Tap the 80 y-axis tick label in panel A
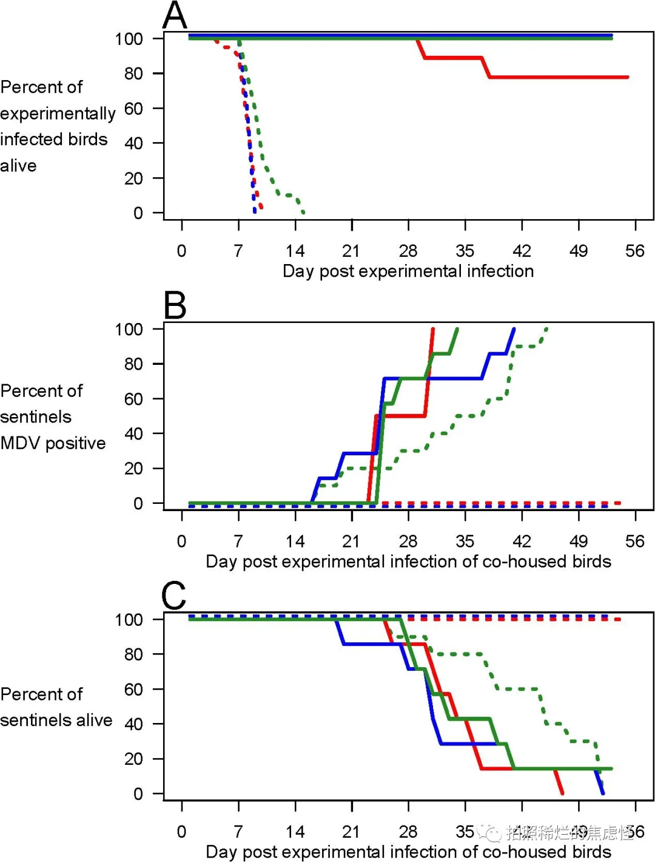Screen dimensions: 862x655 point(133,73)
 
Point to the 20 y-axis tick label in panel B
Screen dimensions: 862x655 point(133,469)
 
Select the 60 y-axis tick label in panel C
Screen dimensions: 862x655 point(133,690)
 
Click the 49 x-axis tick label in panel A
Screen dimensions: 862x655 point(578,251)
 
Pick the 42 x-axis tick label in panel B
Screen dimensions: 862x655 point(522,541)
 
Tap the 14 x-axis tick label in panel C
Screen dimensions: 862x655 point(295,831)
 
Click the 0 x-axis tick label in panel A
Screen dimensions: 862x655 point(181,251)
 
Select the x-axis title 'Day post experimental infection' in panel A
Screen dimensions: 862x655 point(408,271)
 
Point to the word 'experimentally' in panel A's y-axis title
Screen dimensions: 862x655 point(58,114)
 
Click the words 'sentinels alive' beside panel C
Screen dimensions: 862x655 point(56,720)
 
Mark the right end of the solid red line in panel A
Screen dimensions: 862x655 point(627,77)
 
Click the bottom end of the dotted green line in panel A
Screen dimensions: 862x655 point(303,212)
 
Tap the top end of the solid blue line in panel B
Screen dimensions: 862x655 point(514,329)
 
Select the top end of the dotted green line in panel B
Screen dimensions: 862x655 point(547,329)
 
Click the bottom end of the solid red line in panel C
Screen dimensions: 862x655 point(562,793)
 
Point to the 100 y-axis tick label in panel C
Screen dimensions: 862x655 point(129,620)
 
